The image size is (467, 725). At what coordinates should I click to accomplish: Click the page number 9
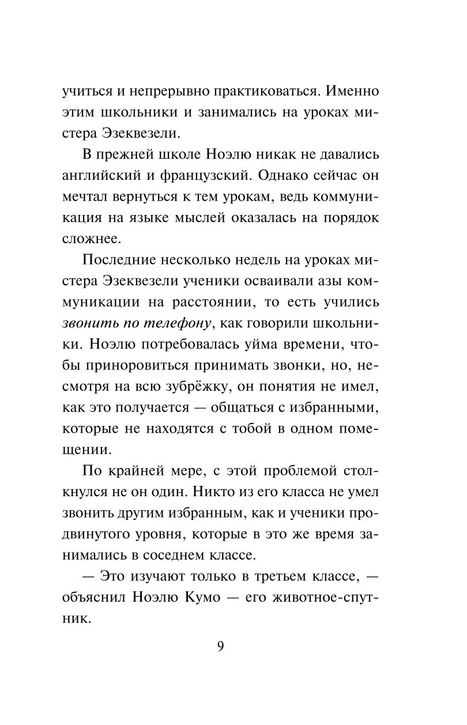220,645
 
